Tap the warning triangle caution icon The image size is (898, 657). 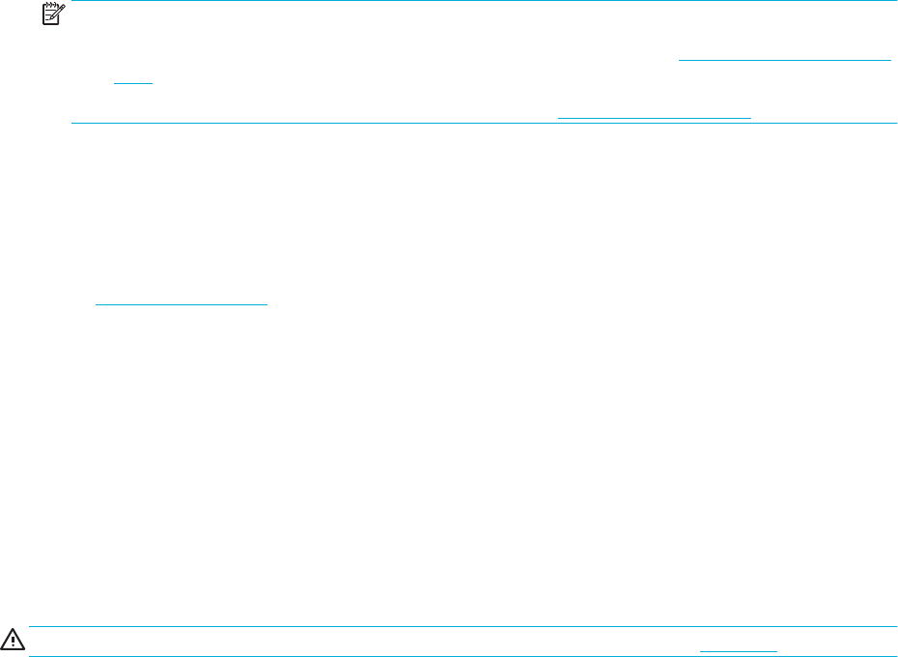[x=14, y=641]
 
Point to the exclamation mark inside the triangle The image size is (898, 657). [x=14, y=642]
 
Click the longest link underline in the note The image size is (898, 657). [x=785, y=60]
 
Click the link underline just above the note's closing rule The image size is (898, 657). [x=655, y=117]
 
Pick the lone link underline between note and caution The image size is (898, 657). [x=181, y=305]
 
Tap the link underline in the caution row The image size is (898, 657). [x=738, y=651]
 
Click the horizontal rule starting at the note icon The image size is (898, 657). [x=483, y=1]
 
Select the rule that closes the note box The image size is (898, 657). [x=483, y=124]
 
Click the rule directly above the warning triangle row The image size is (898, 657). [x=463, y=626]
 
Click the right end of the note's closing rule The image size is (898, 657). [x=896, y=124]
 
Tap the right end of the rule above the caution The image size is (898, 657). [x=896, y=626]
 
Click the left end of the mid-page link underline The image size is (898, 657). [x=96, y=305]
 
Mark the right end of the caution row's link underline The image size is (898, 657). [x=777, y=651]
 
